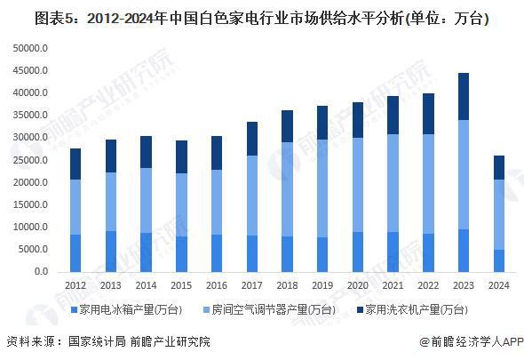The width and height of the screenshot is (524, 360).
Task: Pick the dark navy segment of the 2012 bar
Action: [75, 164]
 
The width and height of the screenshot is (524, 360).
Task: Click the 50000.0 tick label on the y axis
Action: [28, 48]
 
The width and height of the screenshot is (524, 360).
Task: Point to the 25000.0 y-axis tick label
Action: [28, 160]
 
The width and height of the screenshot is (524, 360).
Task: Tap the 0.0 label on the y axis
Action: [39, 272]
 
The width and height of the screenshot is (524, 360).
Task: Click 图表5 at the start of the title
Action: [27, 16]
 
